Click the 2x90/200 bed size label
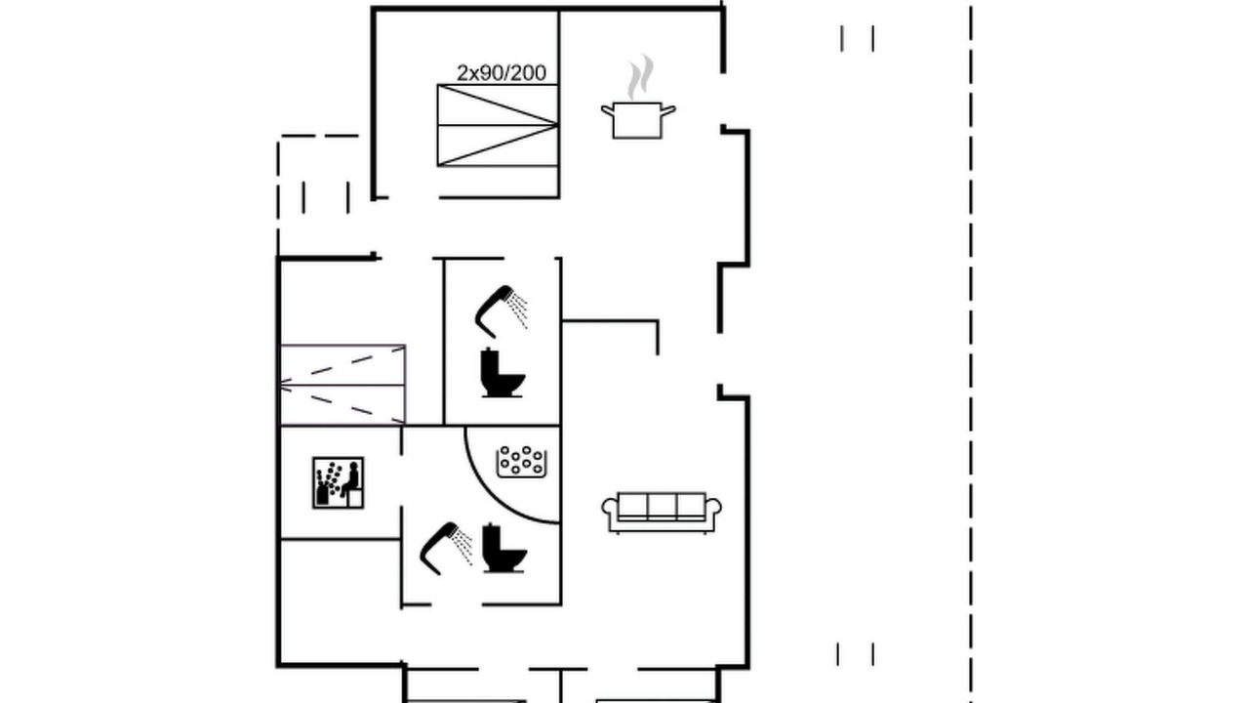[x=502, y=73]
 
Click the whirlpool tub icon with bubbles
[x=522, y=462]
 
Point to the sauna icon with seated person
[x=338, y=482]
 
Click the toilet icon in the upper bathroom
[x=503, y=373]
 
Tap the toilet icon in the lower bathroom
[x=504, y=548]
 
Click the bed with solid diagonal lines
[x=498, y=126]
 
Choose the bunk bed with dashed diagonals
[x=342, y=385]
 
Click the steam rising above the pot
[x=639, y=77]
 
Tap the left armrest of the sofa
[x=609, y=509]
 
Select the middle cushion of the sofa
[x=662, y=506]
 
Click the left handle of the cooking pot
[x=607, y=111]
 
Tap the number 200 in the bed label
[x=528, y=73]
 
